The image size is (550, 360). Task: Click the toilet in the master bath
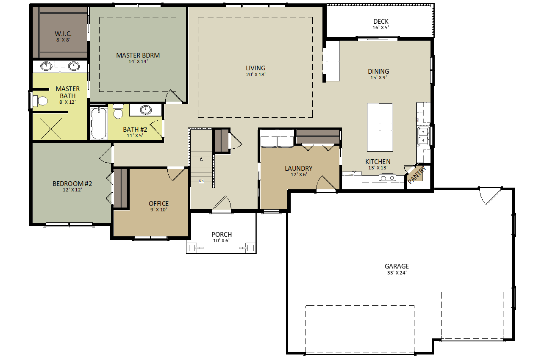[x=40, y=101]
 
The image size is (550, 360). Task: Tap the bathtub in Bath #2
[x=99, y=123]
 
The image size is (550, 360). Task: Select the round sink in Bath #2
[x=146, y=109]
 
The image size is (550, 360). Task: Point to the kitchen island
[x=380, y=127]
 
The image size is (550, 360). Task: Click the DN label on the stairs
[x=201, y=181]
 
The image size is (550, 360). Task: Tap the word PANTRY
[x=417, y=175]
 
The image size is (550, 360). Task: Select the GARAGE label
[x=397, y=266]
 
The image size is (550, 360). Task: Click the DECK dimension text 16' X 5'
[x=381, y=28]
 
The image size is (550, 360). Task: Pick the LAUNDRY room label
[x=299, y=168]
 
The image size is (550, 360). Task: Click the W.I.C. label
[x=63, y=33]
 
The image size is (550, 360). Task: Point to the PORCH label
[x=222, y=234]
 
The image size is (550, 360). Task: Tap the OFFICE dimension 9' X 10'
[x=158, y=210]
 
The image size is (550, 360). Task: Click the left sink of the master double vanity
[x=46, y=66]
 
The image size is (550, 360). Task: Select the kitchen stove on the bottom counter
[x=387, y=177]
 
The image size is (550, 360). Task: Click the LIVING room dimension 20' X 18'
[x=256, y=75]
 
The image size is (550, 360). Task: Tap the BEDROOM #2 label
[x=72, y=183]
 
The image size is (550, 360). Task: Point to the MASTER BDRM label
[x=138, y=55]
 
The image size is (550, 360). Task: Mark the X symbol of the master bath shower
[x=50, y=129]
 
